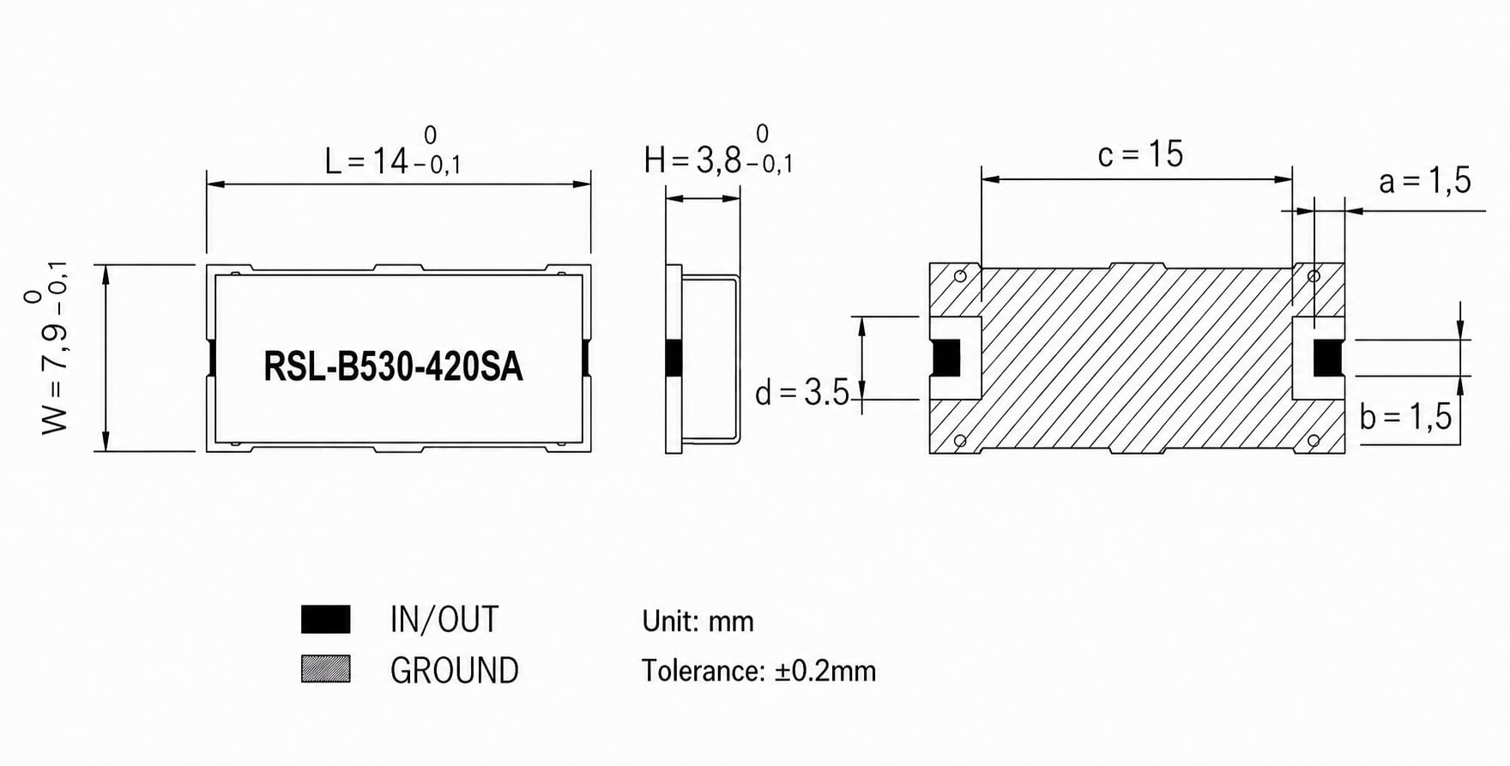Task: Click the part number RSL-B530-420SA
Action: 393,367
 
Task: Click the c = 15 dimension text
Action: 1140,154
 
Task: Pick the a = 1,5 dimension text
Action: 1424,181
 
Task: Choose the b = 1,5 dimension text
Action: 1405,417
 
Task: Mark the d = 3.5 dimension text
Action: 801,393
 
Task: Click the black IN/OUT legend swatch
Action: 326,619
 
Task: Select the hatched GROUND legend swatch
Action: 326,669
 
